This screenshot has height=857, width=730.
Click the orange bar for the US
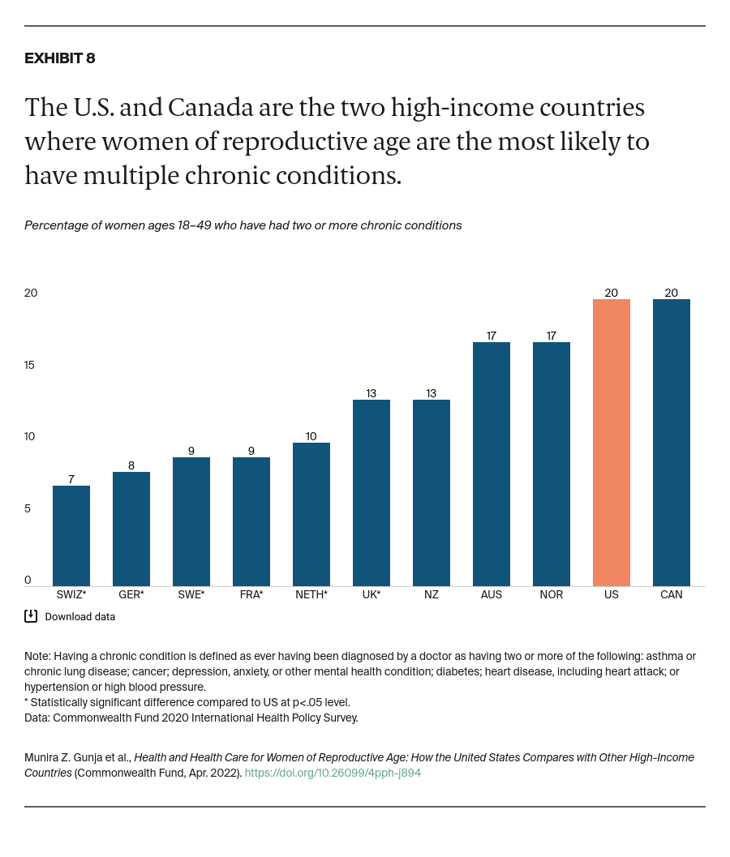[x=612, y=442]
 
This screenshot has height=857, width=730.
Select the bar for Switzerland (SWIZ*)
[x=71, y=535]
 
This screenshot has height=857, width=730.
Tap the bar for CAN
[x=672, y=442]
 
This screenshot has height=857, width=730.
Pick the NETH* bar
[x=311, y=514]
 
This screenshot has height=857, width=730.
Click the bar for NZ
[x=432, y=492]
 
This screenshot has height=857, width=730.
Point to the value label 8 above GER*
[x=131, y=465]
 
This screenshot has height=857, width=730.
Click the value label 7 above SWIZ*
[x=71, y=479]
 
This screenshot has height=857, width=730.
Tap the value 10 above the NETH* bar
[x=311, y=436]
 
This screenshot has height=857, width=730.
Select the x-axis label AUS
[x=492, y=594]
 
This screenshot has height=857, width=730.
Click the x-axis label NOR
[x=552, y=594]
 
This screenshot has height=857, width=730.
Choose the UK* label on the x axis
[x=371, y=594]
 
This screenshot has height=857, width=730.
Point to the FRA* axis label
[x=251, y=594]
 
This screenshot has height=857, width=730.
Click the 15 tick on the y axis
[x=31, y=365]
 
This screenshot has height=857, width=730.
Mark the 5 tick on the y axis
[x=28, y=508]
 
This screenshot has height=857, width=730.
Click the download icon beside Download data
[x=31, y=616]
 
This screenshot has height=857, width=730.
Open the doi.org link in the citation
[x=333, y=773]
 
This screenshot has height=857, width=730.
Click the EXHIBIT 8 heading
[x=60, y=58]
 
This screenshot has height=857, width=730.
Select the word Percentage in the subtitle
[x=56, y=225]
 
